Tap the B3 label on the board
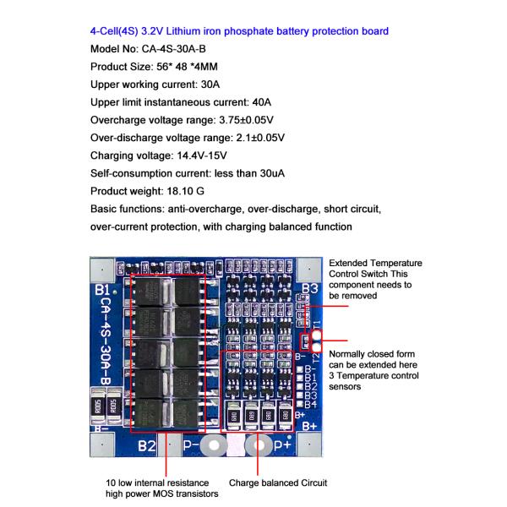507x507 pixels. (x=309, y=291)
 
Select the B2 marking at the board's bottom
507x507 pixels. (x=147, y=445)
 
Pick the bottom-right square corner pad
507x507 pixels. (x=310, y=444)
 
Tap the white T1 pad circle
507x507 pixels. (x=317, y=335)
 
